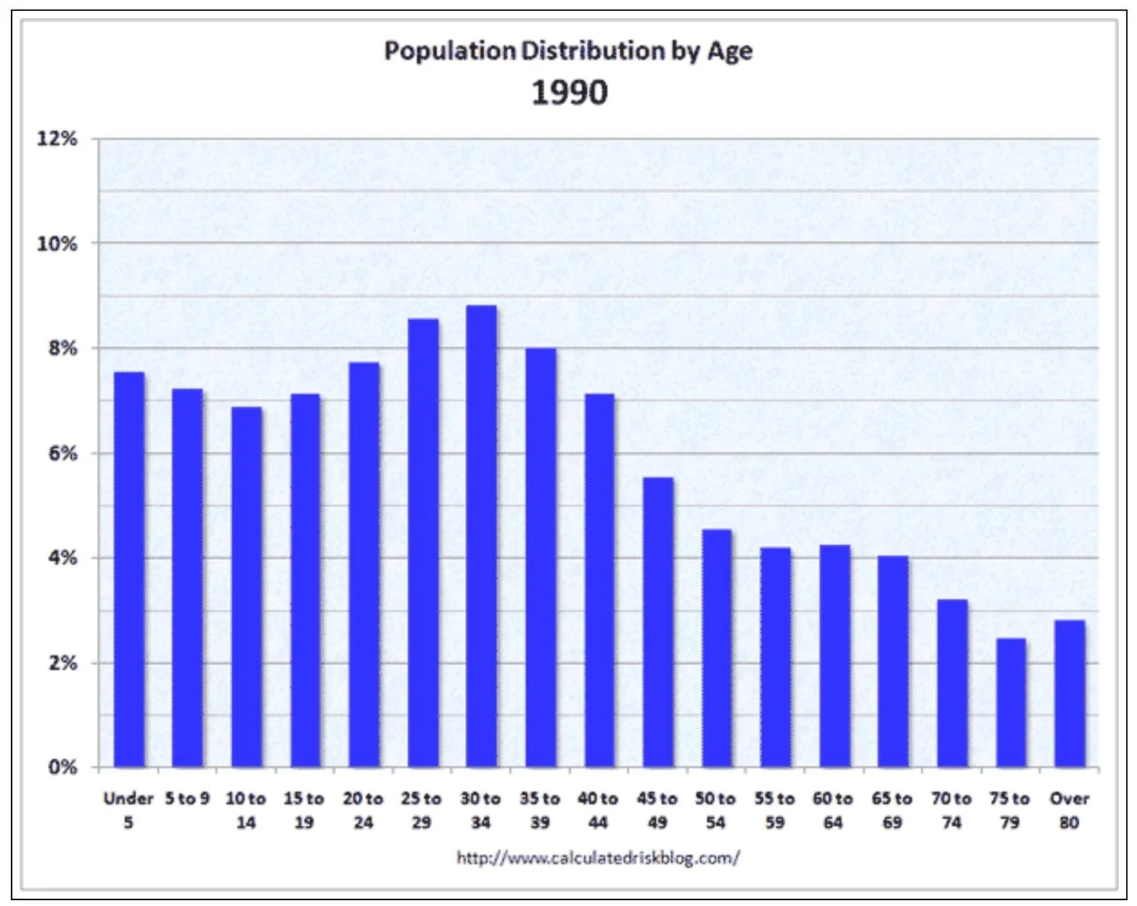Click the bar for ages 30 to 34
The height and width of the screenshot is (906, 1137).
(x=481, y=537)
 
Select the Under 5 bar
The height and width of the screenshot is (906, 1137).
(x=129, y=570)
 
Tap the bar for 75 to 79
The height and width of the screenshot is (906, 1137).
(x=1011, y=703)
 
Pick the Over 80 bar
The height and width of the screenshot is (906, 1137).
(x=1070, y=694)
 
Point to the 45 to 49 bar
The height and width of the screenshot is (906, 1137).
(x=658, y=623)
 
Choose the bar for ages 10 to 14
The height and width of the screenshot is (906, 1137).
(x=247, y=587)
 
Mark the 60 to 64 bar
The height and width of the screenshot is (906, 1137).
(x=834, y=656)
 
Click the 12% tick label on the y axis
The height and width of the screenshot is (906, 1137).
(x=57, y=139)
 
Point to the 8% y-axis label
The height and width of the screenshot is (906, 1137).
(x=62, y=348)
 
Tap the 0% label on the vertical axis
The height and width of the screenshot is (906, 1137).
(x=62, y=767)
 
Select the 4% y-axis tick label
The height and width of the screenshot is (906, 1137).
(x=62, y=558)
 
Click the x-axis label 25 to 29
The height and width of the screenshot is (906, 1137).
(x=422, y=810)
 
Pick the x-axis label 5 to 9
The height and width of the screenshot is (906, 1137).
(x=187, y=799)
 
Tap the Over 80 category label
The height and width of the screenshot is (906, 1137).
(x=1070, y=810)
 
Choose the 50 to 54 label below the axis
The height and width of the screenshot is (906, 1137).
(x=715, y=810)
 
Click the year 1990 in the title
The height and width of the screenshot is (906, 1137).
(x=570, y=93)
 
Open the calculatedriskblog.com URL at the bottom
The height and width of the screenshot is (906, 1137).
(x=598, y=858)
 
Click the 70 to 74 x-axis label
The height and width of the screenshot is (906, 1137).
(x=951, y=810)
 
